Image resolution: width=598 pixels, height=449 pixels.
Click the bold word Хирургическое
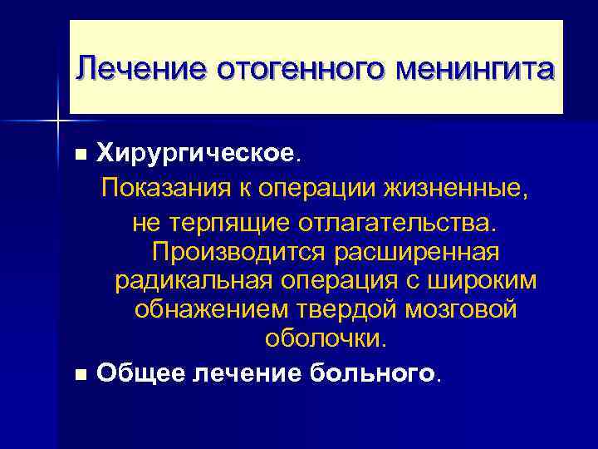[x=195, y=153]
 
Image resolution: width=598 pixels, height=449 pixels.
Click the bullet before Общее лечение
[x=80, y=375]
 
